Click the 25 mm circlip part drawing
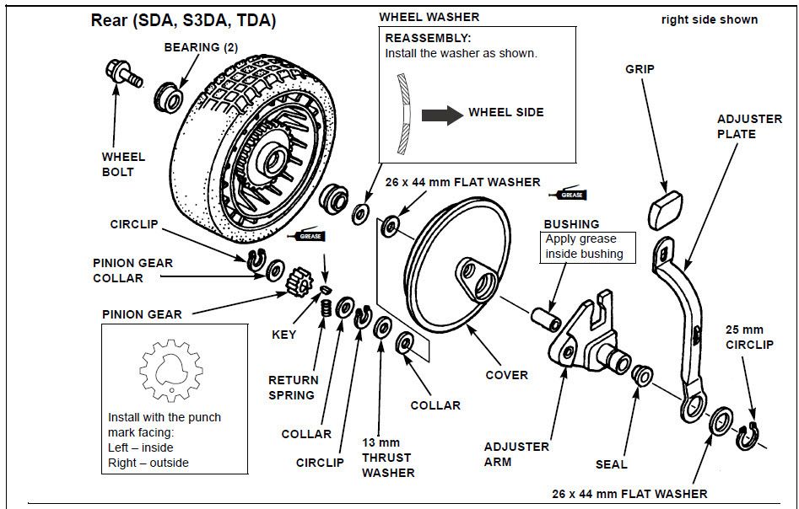[749, 436]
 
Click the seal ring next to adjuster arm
[641, 373]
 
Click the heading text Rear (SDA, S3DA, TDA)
[182, 19]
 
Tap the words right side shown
[709, 19]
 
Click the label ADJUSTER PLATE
[748, 126]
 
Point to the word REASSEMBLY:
[428, 39]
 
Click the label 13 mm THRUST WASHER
[386, 458]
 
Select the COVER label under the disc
[506, 375]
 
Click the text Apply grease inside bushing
[584, 246]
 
